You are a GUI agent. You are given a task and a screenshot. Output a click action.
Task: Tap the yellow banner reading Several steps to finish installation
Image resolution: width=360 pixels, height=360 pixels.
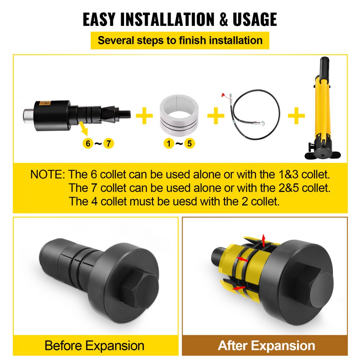[180, 40]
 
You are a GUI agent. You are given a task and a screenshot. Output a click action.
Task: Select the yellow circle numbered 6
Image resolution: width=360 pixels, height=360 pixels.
[87, 144]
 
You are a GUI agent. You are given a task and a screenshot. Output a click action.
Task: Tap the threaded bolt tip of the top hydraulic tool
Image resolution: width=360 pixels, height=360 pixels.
[126, 109]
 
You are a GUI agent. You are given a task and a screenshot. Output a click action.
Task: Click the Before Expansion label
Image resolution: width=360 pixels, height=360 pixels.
[94, 346]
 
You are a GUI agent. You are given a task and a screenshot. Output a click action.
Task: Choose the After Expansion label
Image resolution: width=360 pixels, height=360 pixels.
[266, 346]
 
